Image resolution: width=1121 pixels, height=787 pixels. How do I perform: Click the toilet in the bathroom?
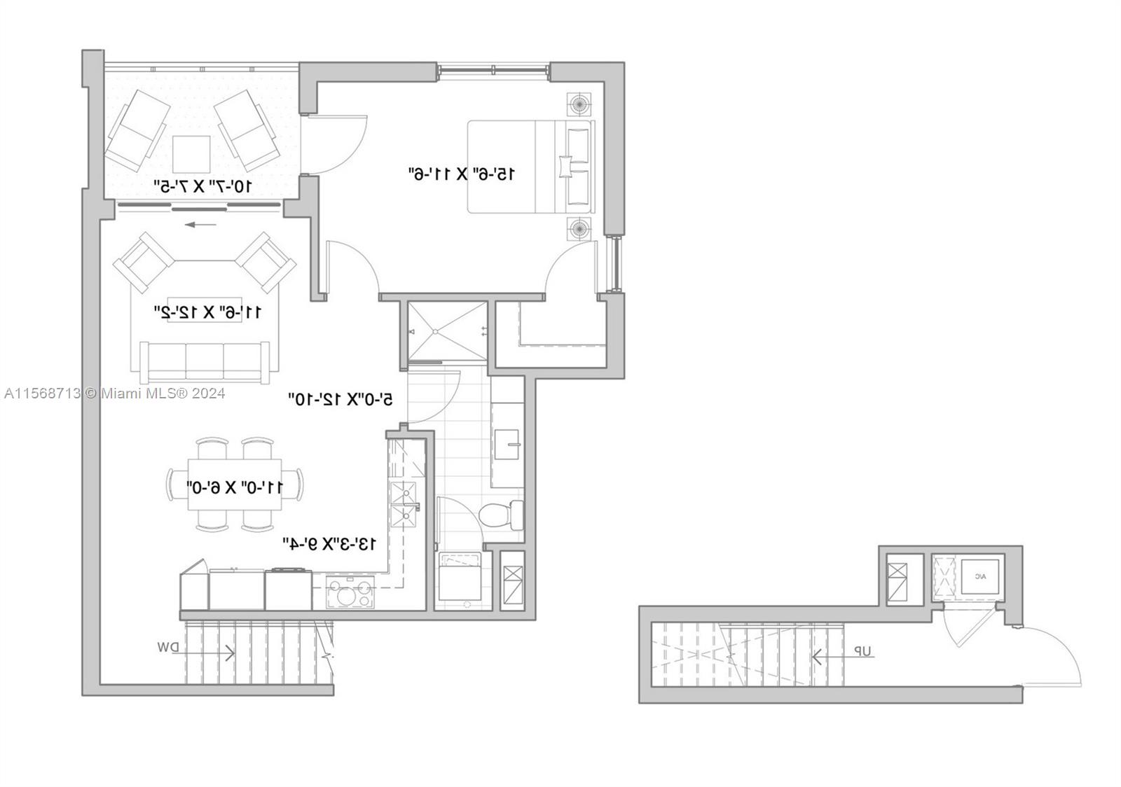pos(501,515)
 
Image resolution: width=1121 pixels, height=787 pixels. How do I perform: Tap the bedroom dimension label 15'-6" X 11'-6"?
pos(462,173)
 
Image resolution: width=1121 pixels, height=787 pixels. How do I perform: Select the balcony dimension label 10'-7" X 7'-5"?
pos(202,186)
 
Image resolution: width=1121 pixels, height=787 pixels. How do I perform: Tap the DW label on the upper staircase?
pos(168,648)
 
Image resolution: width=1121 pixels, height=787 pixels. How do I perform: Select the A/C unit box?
pos(979,577)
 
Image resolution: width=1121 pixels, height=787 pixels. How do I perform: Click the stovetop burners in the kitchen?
pos(349,594)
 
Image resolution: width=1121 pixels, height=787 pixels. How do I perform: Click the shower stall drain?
pos(435,331)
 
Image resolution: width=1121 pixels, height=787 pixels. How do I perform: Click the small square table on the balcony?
pos(191,154)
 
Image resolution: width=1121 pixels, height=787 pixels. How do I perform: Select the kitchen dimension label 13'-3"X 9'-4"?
pos(329,543)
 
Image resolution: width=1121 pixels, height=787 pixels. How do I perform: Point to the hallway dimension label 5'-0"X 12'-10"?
pos(341,399)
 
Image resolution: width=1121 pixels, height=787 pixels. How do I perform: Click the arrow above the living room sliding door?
pos(201,225)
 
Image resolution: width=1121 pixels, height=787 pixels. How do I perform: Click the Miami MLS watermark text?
pos(114,393)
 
